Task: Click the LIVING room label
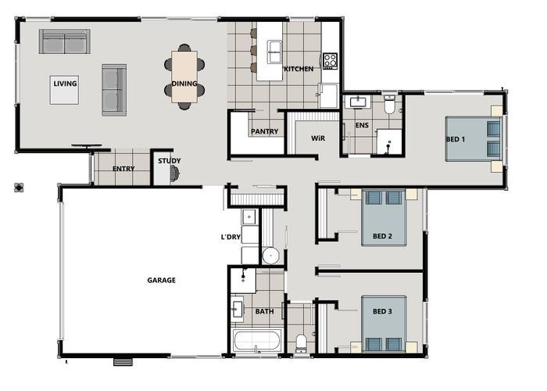coord(64,82)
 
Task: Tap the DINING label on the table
coord(184,83)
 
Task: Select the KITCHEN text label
coord(299,69)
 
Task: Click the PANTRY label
coord(264,131)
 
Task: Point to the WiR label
coord(317,138)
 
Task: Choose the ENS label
coord(361,124)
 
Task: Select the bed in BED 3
coord(384,323)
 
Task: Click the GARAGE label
coord(162,279)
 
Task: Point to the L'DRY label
coord(230,236)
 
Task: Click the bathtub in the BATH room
coord(256,341)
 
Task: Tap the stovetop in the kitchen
coord(330,59)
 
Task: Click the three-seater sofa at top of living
coord(64,41)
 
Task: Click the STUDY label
coord(169,161)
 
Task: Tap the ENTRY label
coord(123,168)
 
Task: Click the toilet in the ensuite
coord(389,106)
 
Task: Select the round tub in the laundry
coord(270,254)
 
